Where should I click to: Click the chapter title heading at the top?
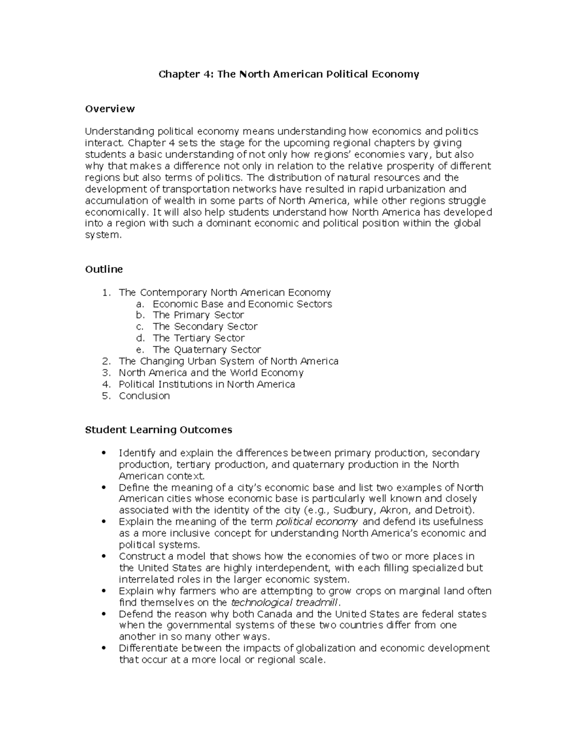click(289, 74)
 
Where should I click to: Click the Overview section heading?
click(110, 109)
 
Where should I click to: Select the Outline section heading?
click(104, 269)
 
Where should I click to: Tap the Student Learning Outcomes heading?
click(158, 430)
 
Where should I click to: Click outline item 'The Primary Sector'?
click(198, 315)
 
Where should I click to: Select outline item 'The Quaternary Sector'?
click(207, 350)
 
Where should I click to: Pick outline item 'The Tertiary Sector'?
click(198, 338)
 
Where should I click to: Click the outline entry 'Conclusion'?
click(144, 396)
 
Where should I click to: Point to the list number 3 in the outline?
click(106, 373)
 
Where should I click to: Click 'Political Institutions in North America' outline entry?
click(207, 384)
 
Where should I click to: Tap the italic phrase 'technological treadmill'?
click(285, 603)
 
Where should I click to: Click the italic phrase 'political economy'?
click(316, 522)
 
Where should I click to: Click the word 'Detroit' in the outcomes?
click(452, 510)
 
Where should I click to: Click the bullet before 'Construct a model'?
click(104, 556)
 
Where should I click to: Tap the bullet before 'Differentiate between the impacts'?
click(104, 648)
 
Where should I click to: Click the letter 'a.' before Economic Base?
click(140, 304)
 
